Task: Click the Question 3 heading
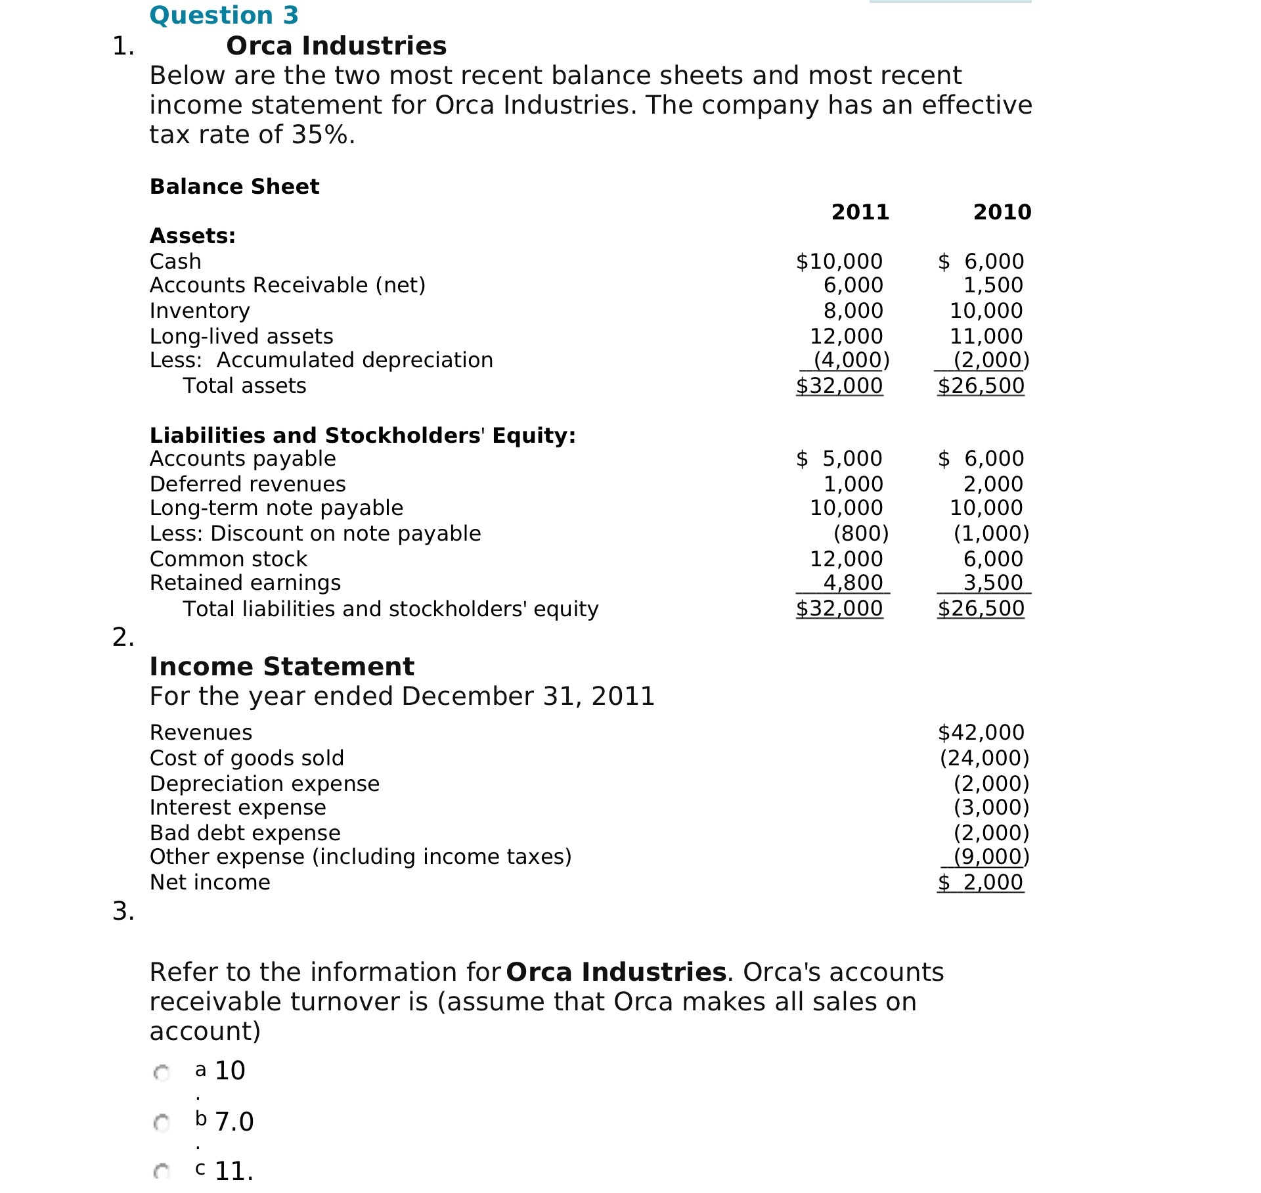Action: (224, 15)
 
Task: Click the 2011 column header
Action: (860, 212)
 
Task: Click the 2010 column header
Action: (1002, 212)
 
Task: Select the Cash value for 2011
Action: (839, 261)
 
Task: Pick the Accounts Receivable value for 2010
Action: (992, 285)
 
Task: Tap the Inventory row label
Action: (200, 311)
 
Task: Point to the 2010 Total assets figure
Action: (981, 386)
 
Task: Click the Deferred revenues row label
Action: (248, 484)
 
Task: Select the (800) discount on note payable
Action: (860, 533)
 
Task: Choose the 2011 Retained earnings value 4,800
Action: (852, 583)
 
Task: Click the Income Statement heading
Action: (282, 667)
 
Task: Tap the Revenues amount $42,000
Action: (981, 732)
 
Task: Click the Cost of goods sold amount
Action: (984, 758)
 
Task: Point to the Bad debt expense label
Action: (245, 833)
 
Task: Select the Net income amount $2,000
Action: (980, 882)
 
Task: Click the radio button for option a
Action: (162, 1073)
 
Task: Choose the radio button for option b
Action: (162, 1123)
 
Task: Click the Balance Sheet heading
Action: (234, 187)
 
